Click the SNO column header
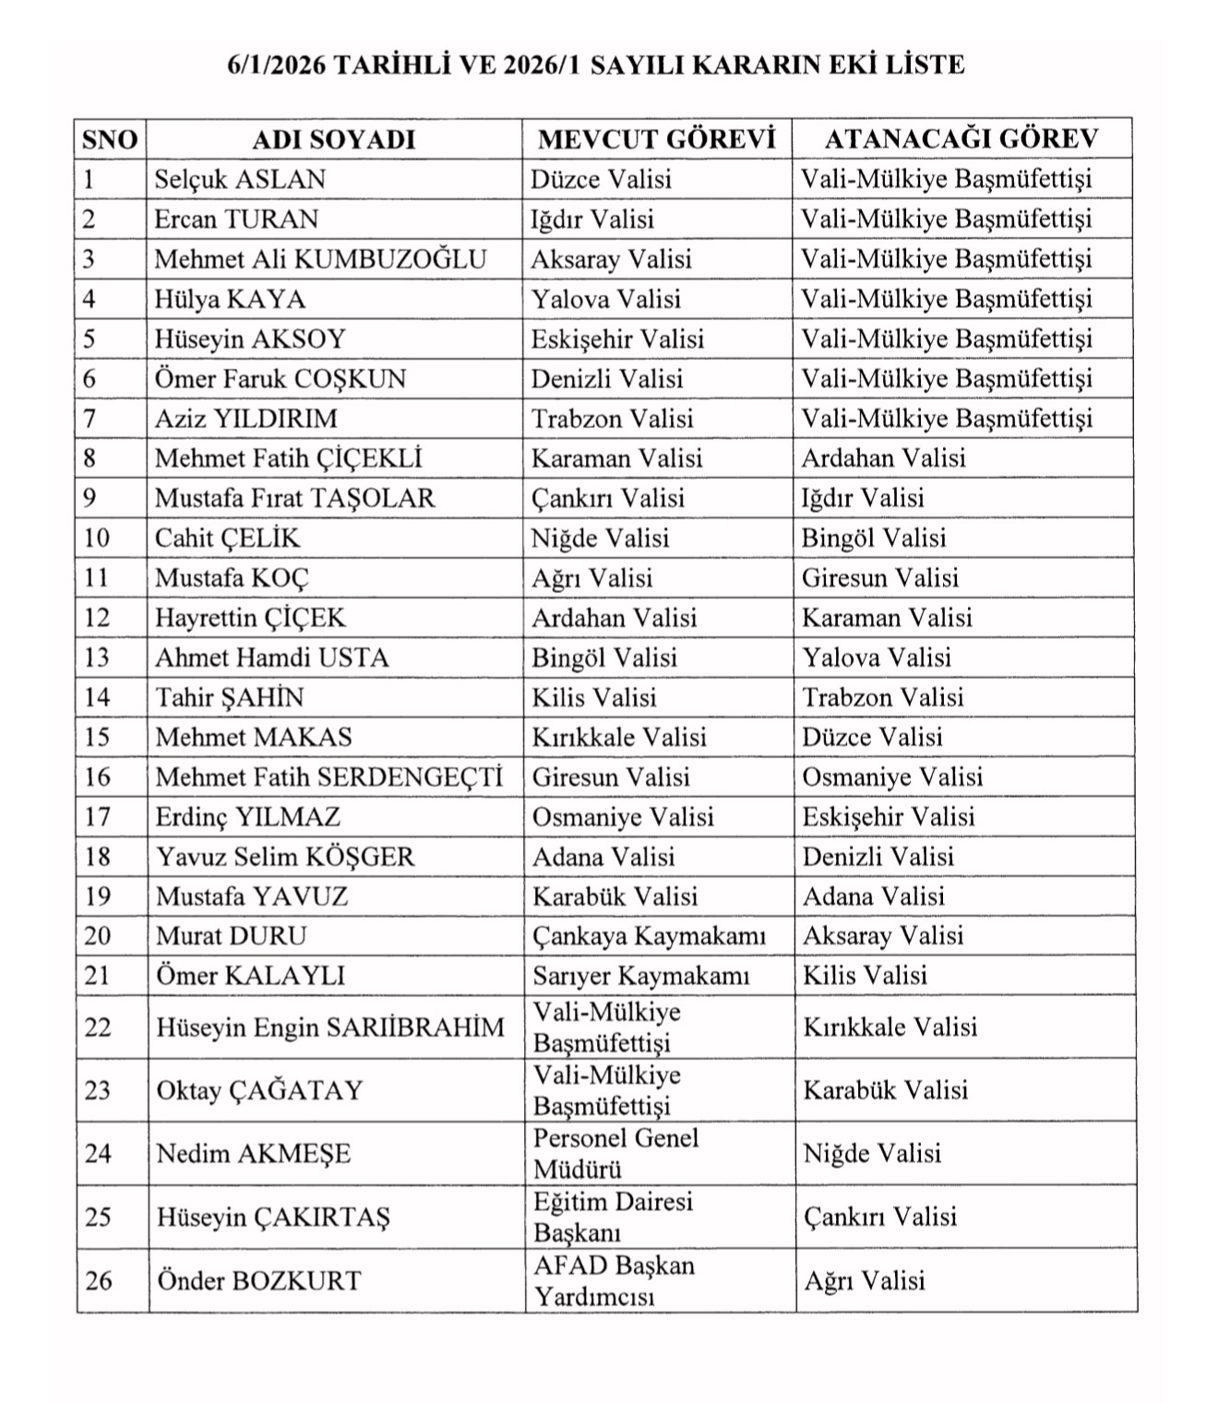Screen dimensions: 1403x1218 pyautogui.click(x=110, y=139)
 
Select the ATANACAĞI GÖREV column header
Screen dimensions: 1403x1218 pyautogui.click(x=961, y=138)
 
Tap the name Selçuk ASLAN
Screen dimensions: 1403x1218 pyautogui.click(x=240, y=179)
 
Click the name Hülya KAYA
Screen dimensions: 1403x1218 pyautogui.click(x=230, y=299)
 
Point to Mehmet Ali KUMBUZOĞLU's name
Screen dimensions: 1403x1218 pyautogui.click(x=319, y=259)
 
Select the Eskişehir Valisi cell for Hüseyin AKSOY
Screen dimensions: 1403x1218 pyautogui.click(x=617, y=339)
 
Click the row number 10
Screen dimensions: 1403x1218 pyautogui.click(x=97, y=538)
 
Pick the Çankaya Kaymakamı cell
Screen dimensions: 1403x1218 pyautogui.click(x=649, y=936)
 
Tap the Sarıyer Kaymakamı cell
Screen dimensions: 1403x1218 pyautogui.click(x=640, y=976)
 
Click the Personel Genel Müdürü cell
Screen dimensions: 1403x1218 pyautogui.click(x=615, y=1153)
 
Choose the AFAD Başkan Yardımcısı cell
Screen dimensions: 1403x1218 pyautogui.click(x=614, y=1280)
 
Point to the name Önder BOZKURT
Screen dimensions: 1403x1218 pyautogui.click(x=258, y=1280)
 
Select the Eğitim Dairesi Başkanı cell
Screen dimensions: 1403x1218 pyautogui.click(x=613, y=1217)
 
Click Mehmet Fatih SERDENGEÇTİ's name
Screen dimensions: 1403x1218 pyautogui.click(x=328, y=778)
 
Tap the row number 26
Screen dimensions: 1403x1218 pyautogui.click(x=99, y=1280)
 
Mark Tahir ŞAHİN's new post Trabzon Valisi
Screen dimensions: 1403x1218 pyautogui.click(x=882, y=697)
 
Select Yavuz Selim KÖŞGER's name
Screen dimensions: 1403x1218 pyautogui.click(x=285, y=857)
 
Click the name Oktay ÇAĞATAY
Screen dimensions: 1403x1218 pyautogui.click(x=259, y=1090)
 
